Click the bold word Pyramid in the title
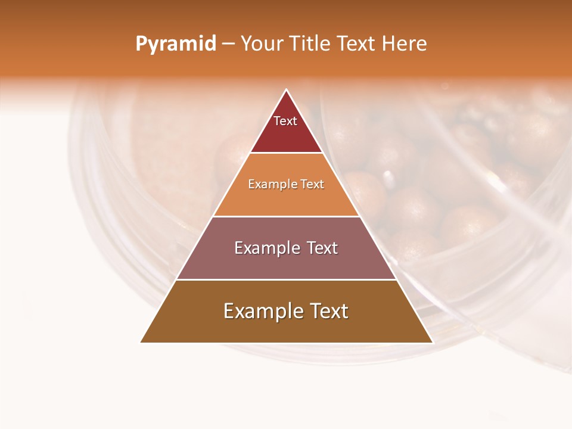coord(175,44)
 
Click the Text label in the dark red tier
coord(285,121)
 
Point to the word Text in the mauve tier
coord(322,248)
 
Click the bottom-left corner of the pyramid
coord(141,343)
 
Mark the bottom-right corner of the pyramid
coord(433,343)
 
